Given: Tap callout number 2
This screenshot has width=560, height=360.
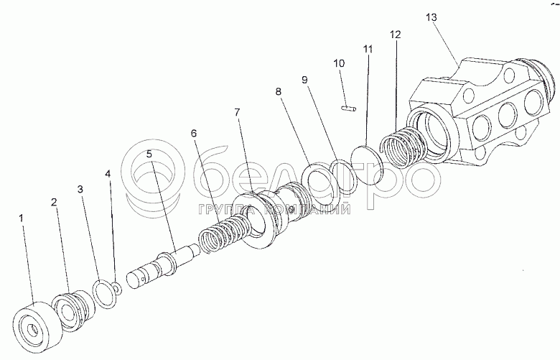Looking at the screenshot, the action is [54, 203].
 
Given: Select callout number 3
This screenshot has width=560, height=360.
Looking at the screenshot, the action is [81, 189].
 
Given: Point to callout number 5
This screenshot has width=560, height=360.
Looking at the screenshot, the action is [149, 154].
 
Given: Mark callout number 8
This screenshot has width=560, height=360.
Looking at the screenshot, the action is [279, 91].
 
